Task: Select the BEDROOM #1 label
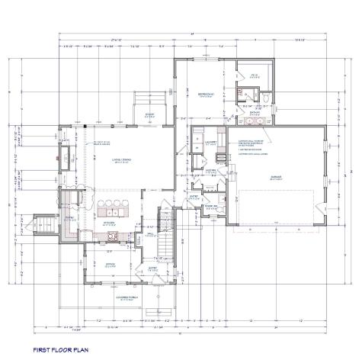pyautogui.click(x=205, y=94)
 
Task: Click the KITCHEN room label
pyautogui.click(x=109, y=223)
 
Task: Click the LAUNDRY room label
pyautogui.click(x=211, y=142)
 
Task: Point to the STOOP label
pyautogui.click(x=150, y=114)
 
